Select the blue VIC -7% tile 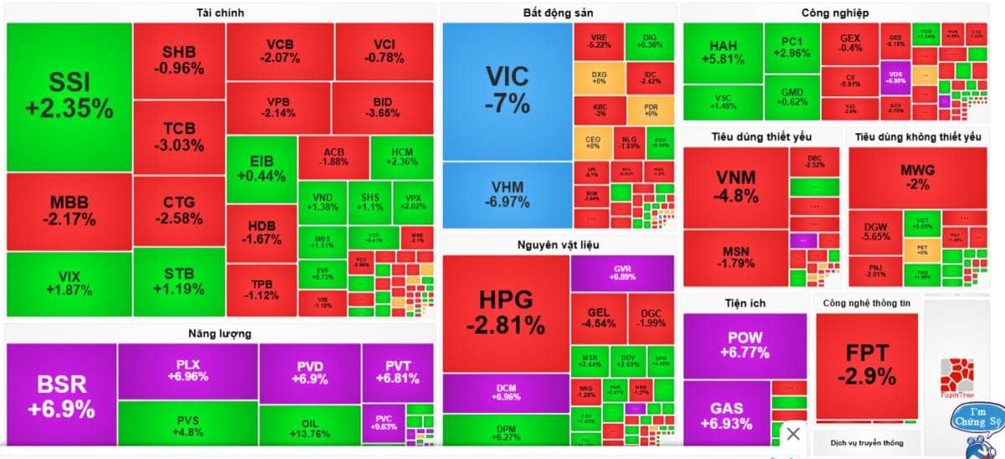click(x=508, y=90)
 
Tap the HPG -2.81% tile click(x=506, y=312)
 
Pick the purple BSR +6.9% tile click(x=61, y=396)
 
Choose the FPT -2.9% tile click(x=866, y=364)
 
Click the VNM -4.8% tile click(x=736, y=187)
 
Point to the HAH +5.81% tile click(x=722, y=53)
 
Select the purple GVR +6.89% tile click(x=621, y=273)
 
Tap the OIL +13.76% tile click(x=309, y=428)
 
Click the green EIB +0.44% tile click(x=261, y=169)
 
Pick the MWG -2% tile click(x=917, y=178)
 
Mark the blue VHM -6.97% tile click(x=508, y=195)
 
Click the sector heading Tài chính click(x=220, y=13)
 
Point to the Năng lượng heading click(x=220, y=333)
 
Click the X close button click(x=793, y=434)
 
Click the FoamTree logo click(x=956, y=379)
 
